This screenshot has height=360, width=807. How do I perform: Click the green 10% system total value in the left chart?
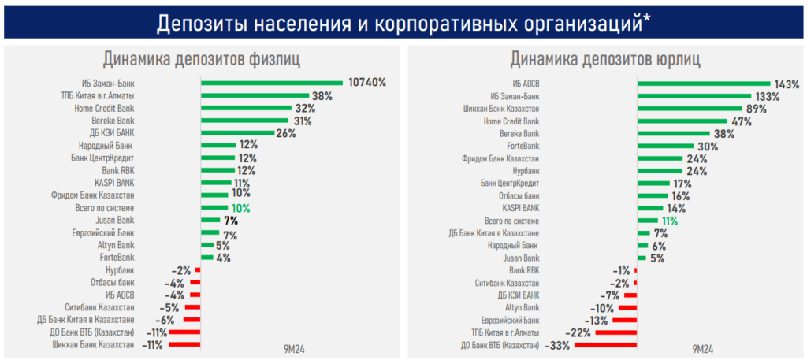coord(240,208)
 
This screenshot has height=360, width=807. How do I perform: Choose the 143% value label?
coord(787,84)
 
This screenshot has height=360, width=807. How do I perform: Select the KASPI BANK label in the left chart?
coord(115,183)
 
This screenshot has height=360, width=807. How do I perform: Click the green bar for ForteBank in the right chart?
coord(665,146)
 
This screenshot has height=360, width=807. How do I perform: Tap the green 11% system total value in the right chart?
coord(668,221)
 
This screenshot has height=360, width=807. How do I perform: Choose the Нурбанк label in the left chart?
coord(119,270)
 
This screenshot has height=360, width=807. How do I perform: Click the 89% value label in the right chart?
coord(756,109)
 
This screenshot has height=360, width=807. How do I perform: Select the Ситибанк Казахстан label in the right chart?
coord(508,283)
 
